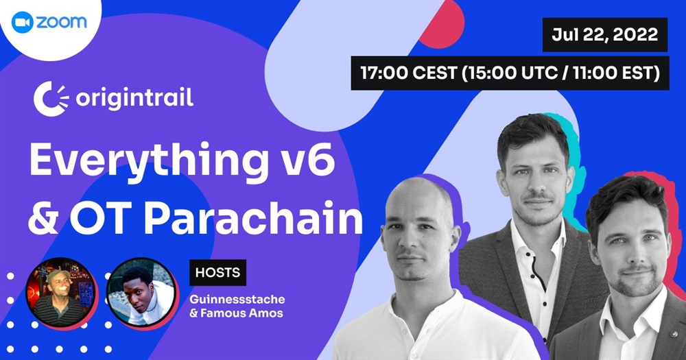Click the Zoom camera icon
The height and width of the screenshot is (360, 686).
click(x=23, y=23)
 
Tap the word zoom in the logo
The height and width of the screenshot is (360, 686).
click(x=61, y=23)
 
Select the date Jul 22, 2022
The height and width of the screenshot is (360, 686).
click(x=604, y=34)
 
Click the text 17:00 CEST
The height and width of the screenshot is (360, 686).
click(x=409, y=73)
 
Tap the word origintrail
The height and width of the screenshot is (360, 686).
click(x=134, y=98)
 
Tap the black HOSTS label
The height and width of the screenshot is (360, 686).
click(x=217, y=272)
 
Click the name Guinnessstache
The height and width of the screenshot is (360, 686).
click(x=237, y=300)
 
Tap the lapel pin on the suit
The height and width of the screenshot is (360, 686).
click(x=674, y=335)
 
